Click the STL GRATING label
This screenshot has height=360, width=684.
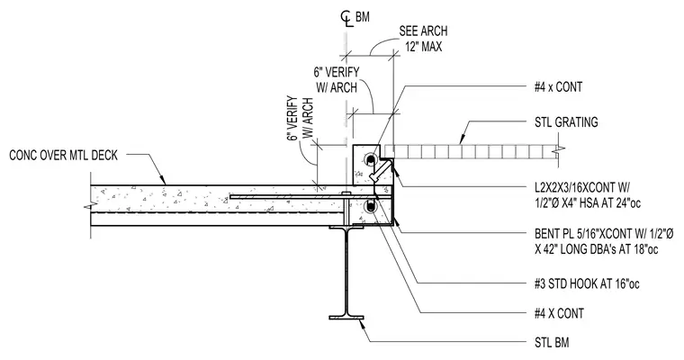pyautogui.click(x=566, y=122)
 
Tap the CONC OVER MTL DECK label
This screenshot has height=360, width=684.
pyautogui.click(x=64, y=156)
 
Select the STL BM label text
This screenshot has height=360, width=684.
pyautogui.click(x=552, y=343)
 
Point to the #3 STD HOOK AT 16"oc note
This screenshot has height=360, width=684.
pyautogui.click(x=587, y=284)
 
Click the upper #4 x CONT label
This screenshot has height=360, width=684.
pyautogui.click(x=558, y=87)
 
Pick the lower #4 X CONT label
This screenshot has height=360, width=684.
pyautogui.click(x=559, y=313)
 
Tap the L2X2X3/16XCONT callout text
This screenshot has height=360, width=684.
pyautogui.click(x=588, y=194)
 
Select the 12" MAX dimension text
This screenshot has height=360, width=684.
pyautogui.click(x=423, y=46)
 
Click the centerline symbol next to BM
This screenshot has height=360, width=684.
pyautogui.click(x=346, y=19)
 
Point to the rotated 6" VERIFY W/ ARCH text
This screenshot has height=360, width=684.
pyautogui.click(x=301, y=118)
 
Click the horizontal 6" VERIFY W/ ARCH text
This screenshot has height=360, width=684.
pyautogui.click(x=337, y=80)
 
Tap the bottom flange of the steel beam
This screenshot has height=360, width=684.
pyautogui.click(x=346, y=317)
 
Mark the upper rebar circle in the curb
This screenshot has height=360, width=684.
pyautogui.click(x=370, y=159)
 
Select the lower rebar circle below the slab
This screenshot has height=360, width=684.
pyautogui.click(x=371, y=206)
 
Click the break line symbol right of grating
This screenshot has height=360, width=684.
pyautogui.click(x=558, y=150)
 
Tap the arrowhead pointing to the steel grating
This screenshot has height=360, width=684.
pyautogui.click(x=463, y=139)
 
